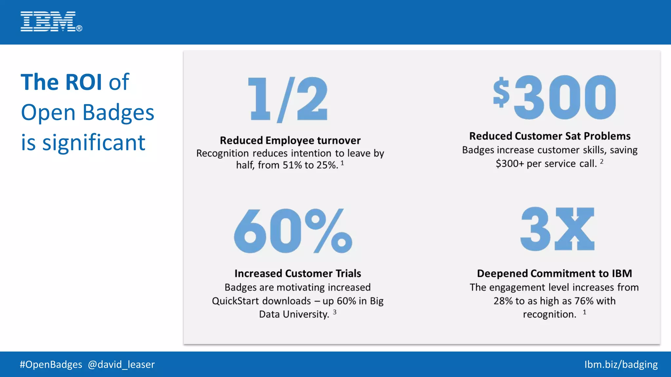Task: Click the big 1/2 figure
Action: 288,99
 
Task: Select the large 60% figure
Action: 293,231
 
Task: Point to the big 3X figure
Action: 557,229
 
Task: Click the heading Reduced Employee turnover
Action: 290,140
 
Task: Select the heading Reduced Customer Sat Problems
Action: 550,136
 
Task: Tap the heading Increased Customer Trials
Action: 297,273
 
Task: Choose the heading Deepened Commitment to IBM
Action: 554,273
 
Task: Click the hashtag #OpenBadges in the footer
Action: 51,364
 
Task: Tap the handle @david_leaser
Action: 121,364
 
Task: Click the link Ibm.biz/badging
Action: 621,364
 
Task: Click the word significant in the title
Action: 94,143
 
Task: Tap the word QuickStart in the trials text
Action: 235,301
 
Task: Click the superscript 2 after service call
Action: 602,161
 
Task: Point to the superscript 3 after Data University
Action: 335,312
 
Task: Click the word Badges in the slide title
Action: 118,113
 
